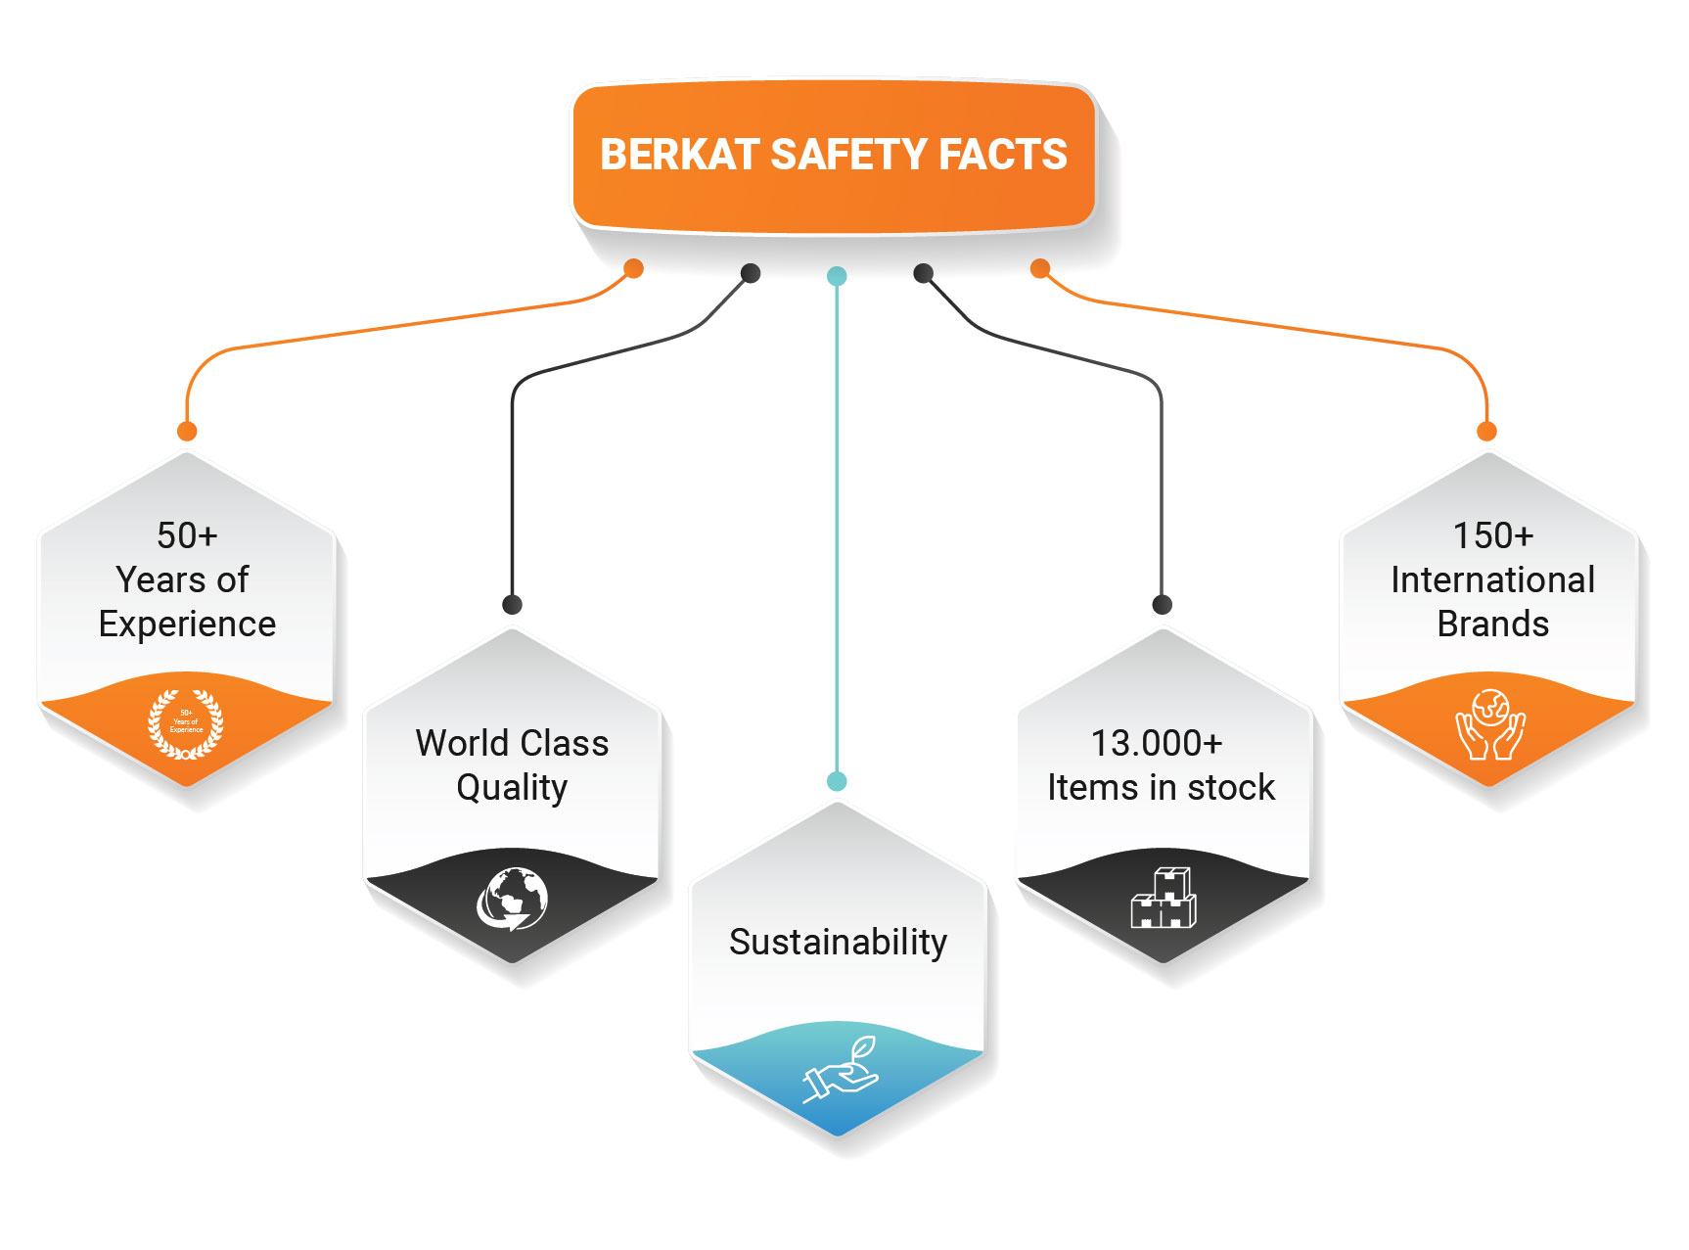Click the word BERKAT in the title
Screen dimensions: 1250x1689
point(679,155)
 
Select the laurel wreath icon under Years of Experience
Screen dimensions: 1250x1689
point(186,724)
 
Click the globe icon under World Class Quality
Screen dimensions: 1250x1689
point(512,899)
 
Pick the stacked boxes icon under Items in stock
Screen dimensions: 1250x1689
point(1163,898)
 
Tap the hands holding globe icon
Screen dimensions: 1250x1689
point(1490,724)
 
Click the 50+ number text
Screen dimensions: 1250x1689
point(187,535)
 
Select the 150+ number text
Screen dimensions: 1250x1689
point(1492,535)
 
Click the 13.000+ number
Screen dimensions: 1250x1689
point(1157,743)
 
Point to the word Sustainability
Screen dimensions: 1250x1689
point(838,942)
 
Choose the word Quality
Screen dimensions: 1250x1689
point(512,787)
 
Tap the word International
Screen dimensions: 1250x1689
point(1492,579)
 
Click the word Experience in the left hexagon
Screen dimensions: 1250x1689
point(187,624)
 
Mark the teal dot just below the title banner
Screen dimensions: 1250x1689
point(837,276)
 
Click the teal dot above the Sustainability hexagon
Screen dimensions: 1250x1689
point(837,781)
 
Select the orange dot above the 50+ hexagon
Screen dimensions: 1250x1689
point(187,431)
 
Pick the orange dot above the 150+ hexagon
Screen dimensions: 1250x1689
point(1486,431)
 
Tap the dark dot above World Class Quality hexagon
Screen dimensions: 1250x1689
point(512,604)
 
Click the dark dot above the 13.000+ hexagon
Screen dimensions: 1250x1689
point(1162,604)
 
